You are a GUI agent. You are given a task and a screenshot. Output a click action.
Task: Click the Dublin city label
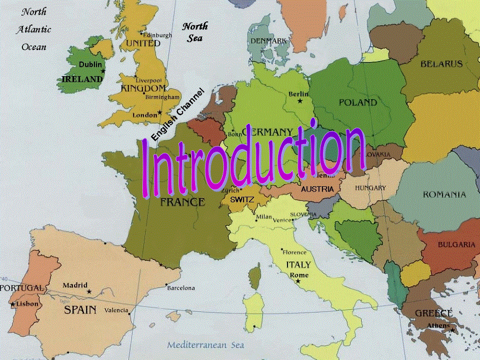[x=90, y=64]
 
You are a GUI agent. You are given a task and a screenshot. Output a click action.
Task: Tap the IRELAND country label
[x=82, y=79]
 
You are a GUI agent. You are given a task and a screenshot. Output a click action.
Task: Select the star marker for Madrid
[x=89, y=292]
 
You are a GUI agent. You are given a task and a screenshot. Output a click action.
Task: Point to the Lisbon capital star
[x=13, y=303]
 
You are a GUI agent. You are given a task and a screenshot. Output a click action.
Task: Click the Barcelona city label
[x=182, y=287]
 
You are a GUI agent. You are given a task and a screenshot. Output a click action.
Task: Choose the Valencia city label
[x=116, y=310]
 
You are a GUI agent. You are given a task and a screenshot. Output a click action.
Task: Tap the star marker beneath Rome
[x=298, y=281]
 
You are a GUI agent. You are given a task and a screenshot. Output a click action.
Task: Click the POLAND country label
[x=357, y=102]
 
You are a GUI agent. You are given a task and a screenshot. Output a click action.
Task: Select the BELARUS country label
[x=441, y=64]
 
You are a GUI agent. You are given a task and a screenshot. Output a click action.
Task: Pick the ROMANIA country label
[x=444, y=195]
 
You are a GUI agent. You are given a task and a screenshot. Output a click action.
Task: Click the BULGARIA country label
[x=456, y=244]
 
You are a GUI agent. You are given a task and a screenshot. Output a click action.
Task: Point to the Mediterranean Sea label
[x=205, y=345]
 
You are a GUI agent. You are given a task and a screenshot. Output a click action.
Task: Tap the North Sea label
[x=195, y=32]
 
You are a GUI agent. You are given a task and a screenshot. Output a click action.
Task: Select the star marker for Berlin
[x=299, y=100]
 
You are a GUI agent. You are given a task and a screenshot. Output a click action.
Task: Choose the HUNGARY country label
[x=370, y=188]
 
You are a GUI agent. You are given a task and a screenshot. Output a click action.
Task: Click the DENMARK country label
[x=268, y=41]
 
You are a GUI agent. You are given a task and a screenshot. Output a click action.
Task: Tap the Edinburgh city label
[x=158, y=35]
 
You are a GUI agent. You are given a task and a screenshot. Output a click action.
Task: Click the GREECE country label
[x=434, y=313]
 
